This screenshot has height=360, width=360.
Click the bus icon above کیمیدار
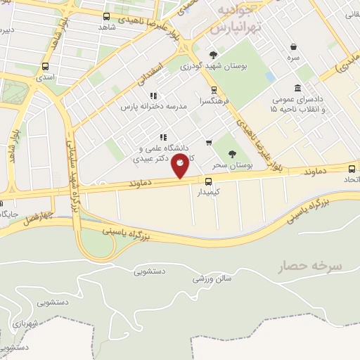click(x=198, y=180)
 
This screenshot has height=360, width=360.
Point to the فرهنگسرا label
click(x=214, y=100)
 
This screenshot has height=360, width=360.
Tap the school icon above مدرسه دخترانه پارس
click(x=153, y=96)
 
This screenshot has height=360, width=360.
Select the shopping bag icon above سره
click(x=293, y=47)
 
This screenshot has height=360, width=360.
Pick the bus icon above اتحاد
click(x=352, y=167)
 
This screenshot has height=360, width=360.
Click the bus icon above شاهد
click(x=107, y=16)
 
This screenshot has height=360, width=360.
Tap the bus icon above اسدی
click(x=46, y=67)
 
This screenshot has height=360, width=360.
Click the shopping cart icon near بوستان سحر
click(x=209, y=143)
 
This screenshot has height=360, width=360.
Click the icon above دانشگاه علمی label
click(x=162, y=137)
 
